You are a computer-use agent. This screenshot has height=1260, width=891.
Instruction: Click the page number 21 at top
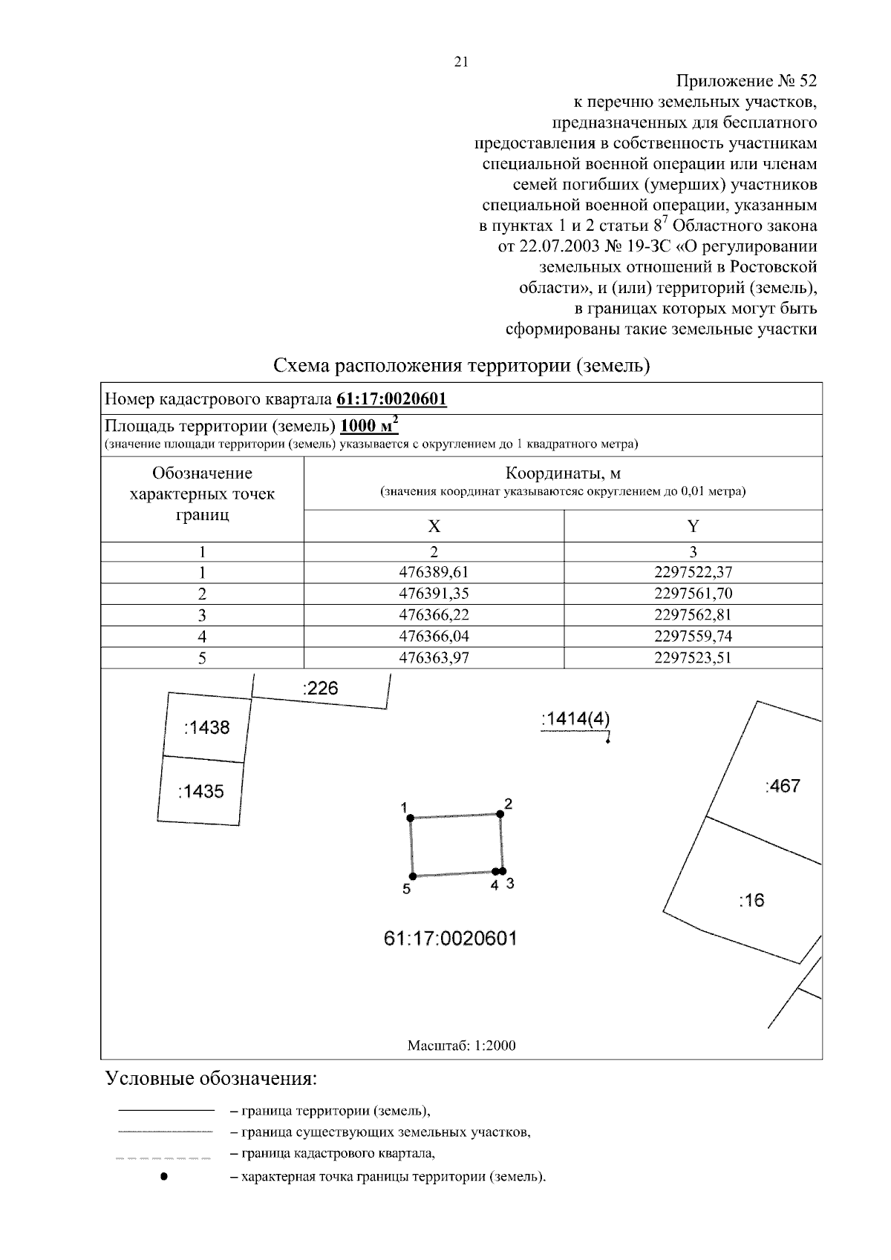click(460, 63)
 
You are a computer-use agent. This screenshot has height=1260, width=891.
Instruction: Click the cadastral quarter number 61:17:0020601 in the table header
click(391, 399)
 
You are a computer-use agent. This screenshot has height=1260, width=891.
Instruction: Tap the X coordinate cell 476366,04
click(434, 636)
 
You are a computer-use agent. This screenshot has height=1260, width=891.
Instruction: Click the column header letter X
click(434, 527)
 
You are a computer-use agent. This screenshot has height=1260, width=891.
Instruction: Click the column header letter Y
click(693, 527)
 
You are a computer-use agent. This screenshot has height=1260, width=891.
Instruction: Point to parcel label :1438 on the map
click(206, 728)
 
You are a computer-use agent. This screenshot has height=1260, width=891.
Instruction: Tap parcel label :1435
click(200, 792)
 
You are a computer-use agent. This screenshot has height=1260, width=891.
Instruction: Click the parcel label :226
click(321, 689)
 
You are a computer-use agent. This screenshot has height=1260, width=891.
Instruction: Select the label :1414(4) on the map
click(576, 719)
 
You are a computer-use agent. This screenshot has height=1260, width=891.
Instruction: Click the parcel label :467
click(783, 787)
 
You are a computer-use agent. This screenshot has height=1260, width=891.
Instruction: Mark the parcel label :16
click(751, 901)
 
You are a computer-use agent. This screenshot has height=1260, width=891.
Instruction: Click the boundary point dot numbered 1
click(410, 818)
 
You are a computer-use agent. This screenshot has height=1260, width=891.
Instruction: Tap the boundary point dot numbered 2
click(500, 814)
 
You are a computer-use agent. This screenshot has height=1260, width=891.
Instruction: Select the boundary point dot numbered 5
click(413, 876)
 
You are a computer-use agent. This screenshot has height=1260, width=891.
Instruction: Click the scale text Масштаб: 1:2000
click(461, 1046)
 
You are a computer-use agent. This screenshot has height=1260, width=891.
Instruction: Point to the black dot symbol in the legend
click(165, 1176)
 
